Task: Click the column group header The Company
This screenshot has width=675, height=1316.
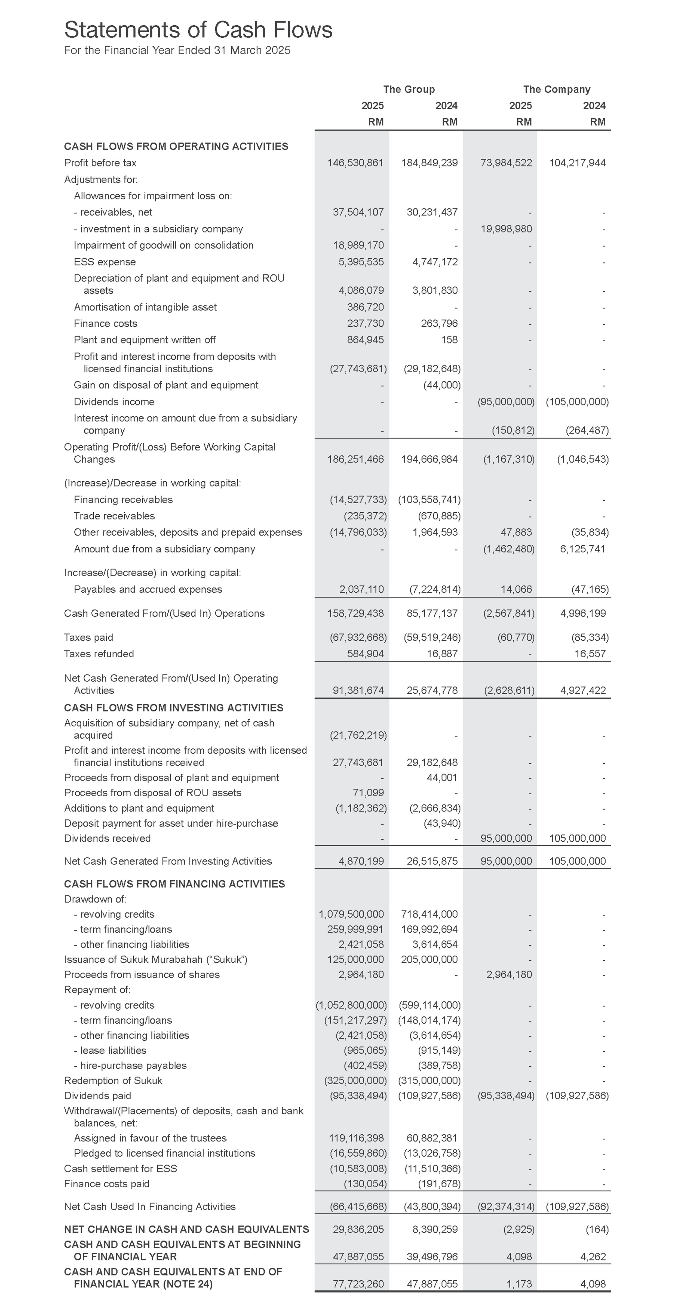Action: point(556,89)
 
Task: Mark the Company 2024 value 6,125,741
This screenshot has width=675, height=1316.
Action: point(582,549)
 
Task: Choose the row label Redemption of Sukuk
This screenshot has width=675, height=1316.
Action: point(113,1080)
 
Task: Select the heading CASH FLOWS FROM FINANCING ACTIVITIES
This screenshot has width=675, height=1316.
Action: point(174,884)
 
